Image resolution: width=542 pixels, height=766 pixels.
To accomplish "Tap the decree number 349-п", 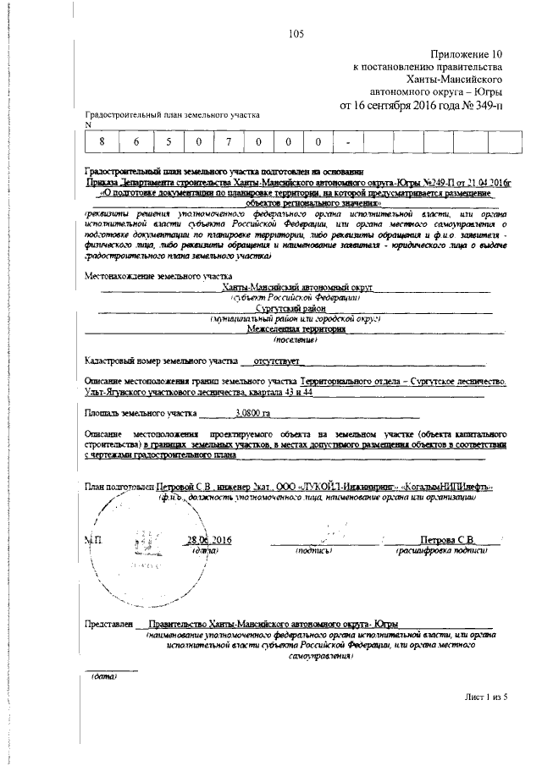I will pos(482,106).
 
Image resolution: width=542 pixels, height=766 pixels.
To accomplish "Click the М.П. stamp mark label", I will pos(92,540).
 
